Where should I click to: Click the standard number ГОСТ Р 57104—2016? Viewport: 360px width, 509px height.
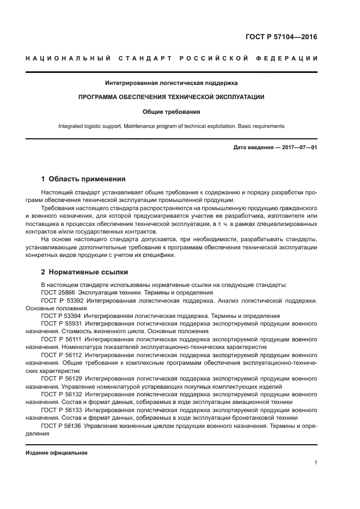point(281,37)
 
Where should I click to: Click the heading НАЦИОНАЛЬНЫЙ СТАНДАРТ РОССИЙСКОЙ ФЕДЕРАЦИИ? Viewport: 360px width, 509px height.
point(172,58)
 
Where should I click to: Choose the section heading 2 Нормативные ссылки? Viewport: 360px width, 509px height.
point(84,272)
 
